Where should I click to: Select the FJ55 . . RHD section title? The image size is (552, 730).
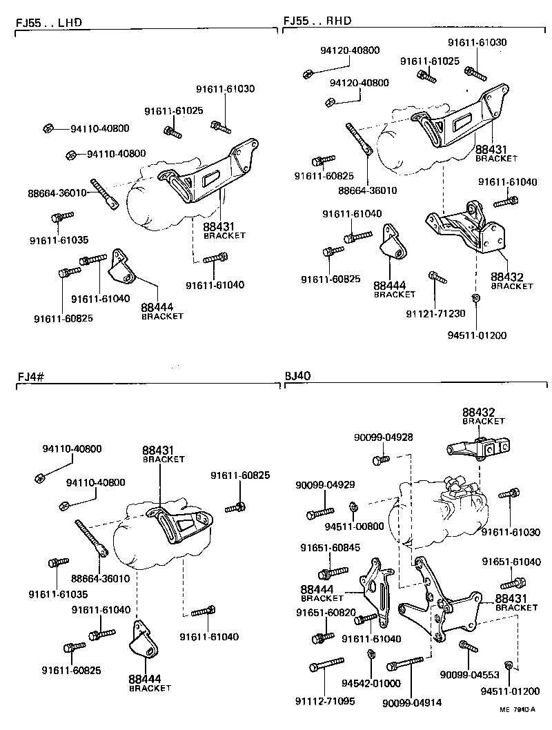pos(317,21)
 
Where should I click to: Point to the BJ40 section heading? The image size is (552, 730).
pos(298,376)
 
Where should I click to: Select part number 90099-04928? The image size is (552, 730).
pos(383,437)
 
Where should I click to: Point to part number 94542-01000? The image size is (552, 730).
pos(371,683)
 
